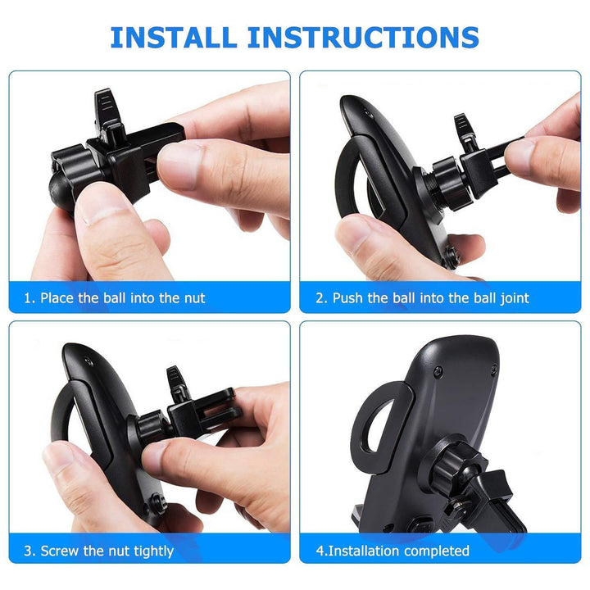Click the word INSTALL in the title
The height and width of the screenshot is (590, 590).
pos(174,37)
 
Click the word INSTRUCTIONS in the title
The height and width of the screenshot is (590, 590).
pos(363,37)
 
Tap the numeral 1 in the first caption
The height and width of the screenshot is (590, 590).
pos(28,298)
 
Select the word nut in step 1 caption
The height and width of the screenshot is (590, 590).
pos(194,298)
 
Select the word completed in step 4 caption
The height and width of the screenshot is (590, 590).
pos(437,551)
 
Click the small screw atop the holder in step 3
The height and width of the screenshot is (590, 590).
pos(89,362)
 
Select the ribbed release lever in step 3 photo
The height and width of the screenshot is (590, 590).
pos(176,380)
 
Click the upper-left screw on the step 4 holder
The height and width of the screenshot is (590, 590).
pos(438,373)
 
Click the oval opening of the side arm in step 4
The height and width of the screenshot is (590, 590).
pos(374,424)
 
